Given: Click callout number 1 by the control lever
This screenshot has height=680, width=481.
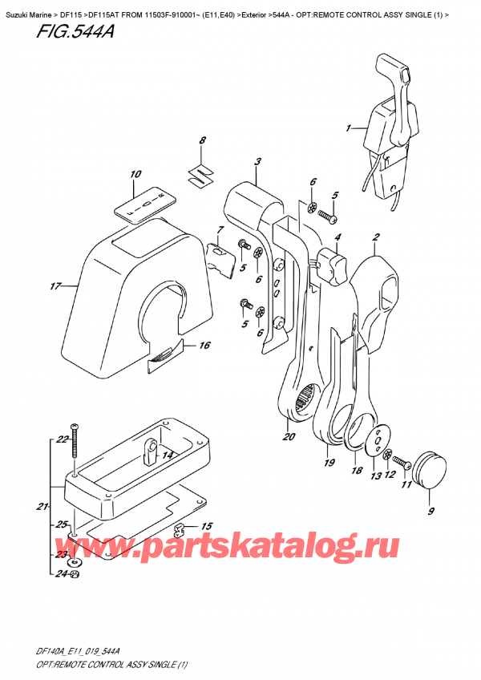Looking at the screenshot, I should pyautogui.click(x=349, y=127).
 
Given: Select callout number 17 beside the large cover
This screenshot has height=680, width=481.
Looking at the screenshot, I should pyautogui.click(x=55, y=286).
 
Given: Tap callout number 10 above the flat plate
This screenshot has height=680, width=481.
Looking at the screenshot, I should pyautogui.click(x=135, y=174).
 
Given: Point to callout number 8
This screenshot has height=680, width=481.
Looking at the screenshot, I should pyautogui.click(x=203, y=141).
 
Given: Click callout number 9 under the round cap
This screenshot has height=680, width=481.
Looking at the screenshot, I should pyautogui.click(x=433, y=511).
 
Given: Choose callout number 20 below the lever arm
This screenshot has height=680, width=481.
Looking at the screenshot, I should pyautogui.click(x=289, y=437).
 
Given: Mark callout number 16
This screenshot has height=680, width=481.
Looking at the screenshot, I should pyautogui.click(x=204, y=346).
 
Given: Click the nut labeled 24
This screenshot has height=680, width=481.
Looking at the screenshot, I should pyautogui.click(x=75, y=573).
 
